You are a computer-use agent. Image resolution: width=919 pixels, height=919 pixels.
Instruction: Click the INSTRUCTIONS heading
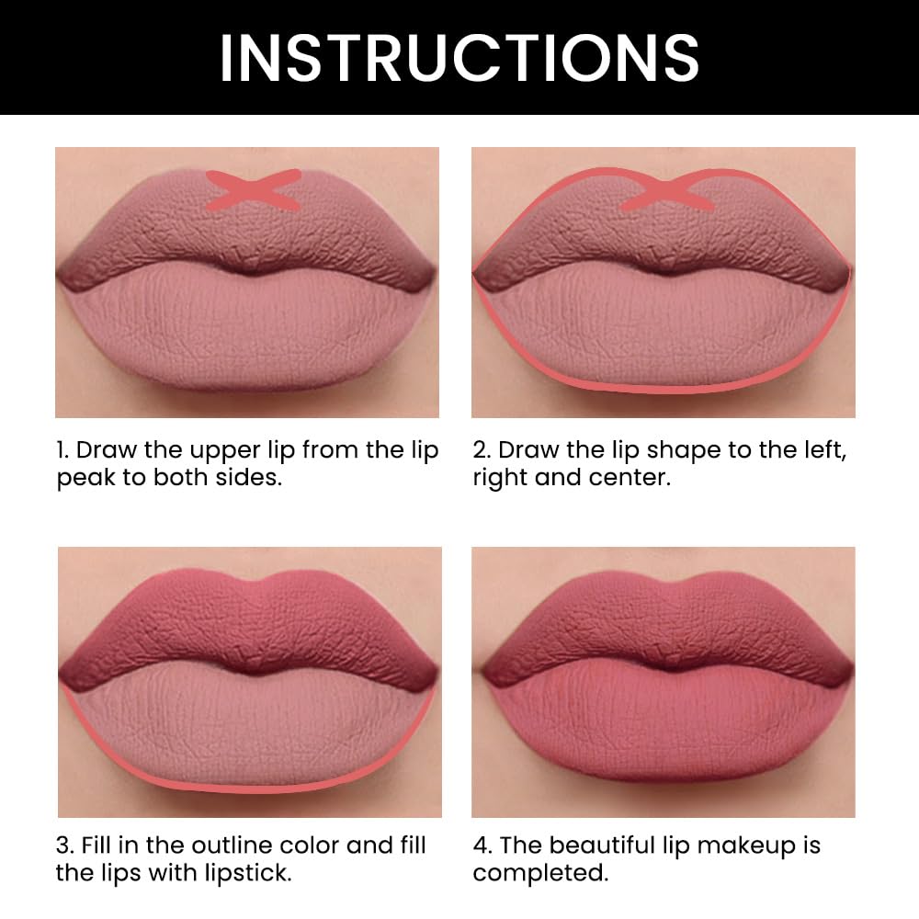pyautogui.click(x=459, y=57)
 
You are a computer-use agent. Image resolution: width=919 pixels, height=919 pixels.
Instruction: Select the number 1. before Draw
pyautogui.click(x=62, y=450)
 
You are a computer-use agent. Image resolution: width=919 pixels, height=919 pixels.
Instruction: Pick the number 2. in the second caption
pyautogui.click(x=482, y=450)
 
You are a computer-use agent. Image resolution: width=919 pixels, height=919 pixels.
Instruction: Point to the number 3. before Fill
pyautogui.click(x=64, y=845)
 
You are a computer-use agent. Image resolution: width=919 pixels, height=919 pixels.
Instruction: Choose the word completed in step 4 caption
pyautogui.click(x=540, y=873)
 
